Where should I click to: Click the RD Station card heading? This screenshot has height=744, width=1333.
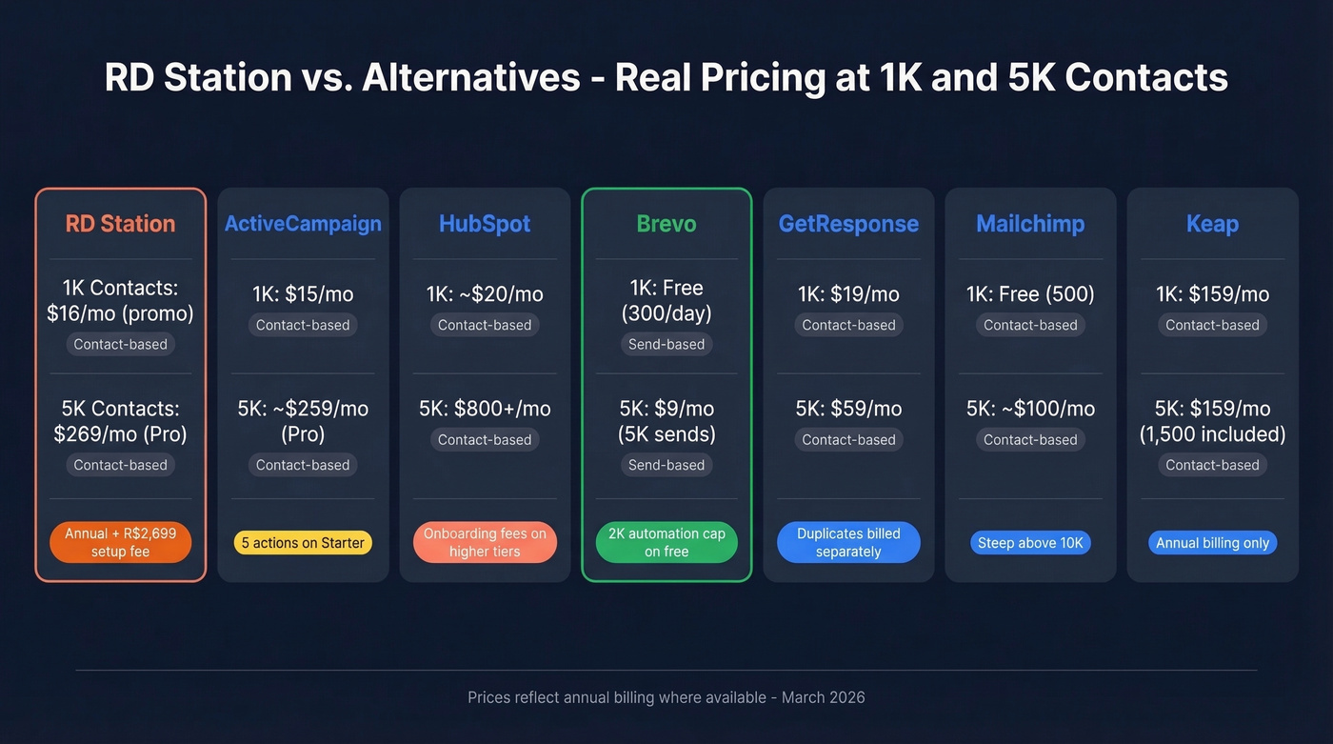(120, 224)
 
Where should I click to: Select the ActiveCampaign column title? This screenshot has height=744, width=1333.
(303, 224)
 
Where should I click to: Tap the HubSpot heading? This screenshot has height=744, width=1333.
(485, 224)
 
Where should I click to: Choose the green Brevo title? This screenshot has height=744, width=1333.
(666, 224)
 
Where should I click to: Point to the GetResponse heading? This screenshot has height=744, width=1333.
(848, 224)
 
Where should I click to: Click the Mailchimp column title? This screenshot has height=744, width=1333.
(1030, 224)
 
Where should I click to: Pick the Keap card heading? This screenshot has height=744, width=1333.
(1212, 224)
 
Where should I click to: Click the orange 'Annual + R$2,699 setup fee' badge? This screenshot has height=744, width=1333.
(120, 542)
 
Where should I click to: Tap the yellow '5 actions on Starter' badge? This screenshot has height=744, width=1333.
(303, 543)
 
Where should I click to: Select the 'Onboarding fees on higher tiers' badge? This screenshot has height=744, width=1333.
(485, 542)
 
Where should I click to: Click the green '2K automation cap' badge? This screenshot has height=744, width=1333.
(666, 542)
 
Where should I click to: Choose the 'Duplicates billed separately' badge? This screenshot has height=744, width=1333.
(848, 542)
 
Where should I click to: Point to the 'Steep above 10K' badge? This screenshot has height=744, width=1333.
(1030, 543)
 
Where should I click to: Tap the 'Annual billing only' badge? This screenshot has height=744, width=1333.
(1212, 543)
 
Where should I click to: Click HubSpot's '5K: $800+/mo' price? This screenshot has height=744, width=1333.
(485, 409)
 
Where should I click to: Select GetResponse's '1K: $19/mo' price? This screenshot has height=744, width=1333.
(848, 294)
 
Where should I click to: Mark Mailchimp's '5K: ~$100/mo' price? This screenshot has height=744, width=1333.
(1030, 409)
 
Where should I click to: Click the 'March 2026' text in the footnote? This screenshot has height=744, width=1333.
(823, 697)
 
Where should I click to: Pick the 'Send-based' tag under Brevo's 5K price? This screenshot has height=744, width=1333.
(666, 465)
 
